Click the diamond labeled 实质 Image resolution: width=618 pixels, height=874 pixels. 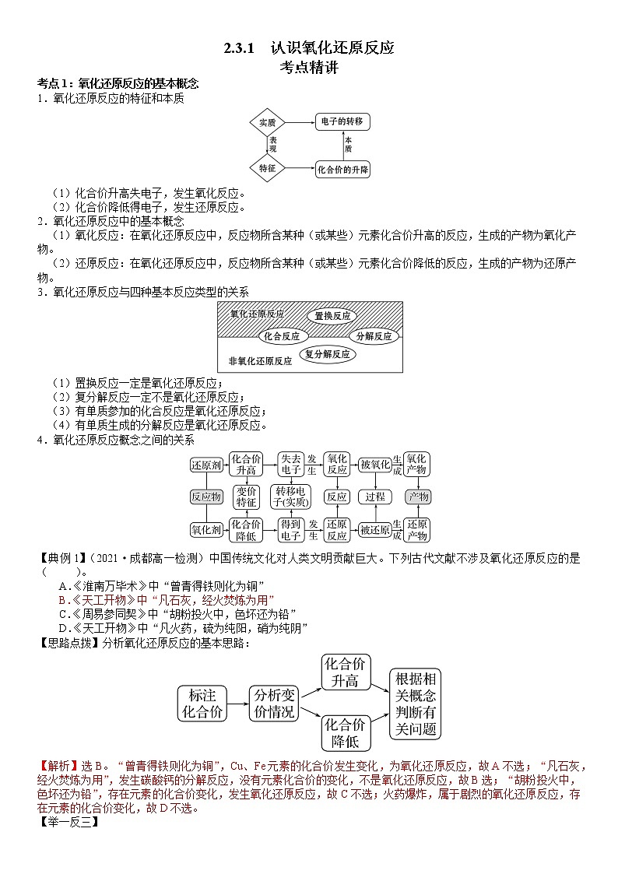268,122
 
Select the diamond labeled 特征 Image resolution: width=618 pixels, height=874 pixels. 268,168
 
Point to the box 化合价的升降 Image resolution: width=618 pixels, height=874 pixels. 342,169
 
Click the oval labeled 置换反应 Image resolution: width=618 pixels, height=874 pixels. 332,316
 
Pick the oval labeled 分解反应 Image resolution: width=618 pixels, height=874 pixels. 374,337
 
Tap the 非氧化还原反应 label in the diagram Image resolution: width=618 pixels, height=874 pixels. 260,361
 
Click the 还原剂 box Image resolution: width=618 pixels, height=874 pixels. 206,465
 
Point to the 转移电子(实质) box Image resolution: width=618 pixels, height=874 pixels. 290,497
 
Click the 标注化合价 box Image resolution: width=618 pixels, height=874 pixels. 202,703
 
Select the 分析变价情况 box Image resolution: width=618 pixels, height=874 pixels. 274,703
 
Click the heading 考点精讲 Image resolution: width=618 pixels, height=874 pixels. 309,67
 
